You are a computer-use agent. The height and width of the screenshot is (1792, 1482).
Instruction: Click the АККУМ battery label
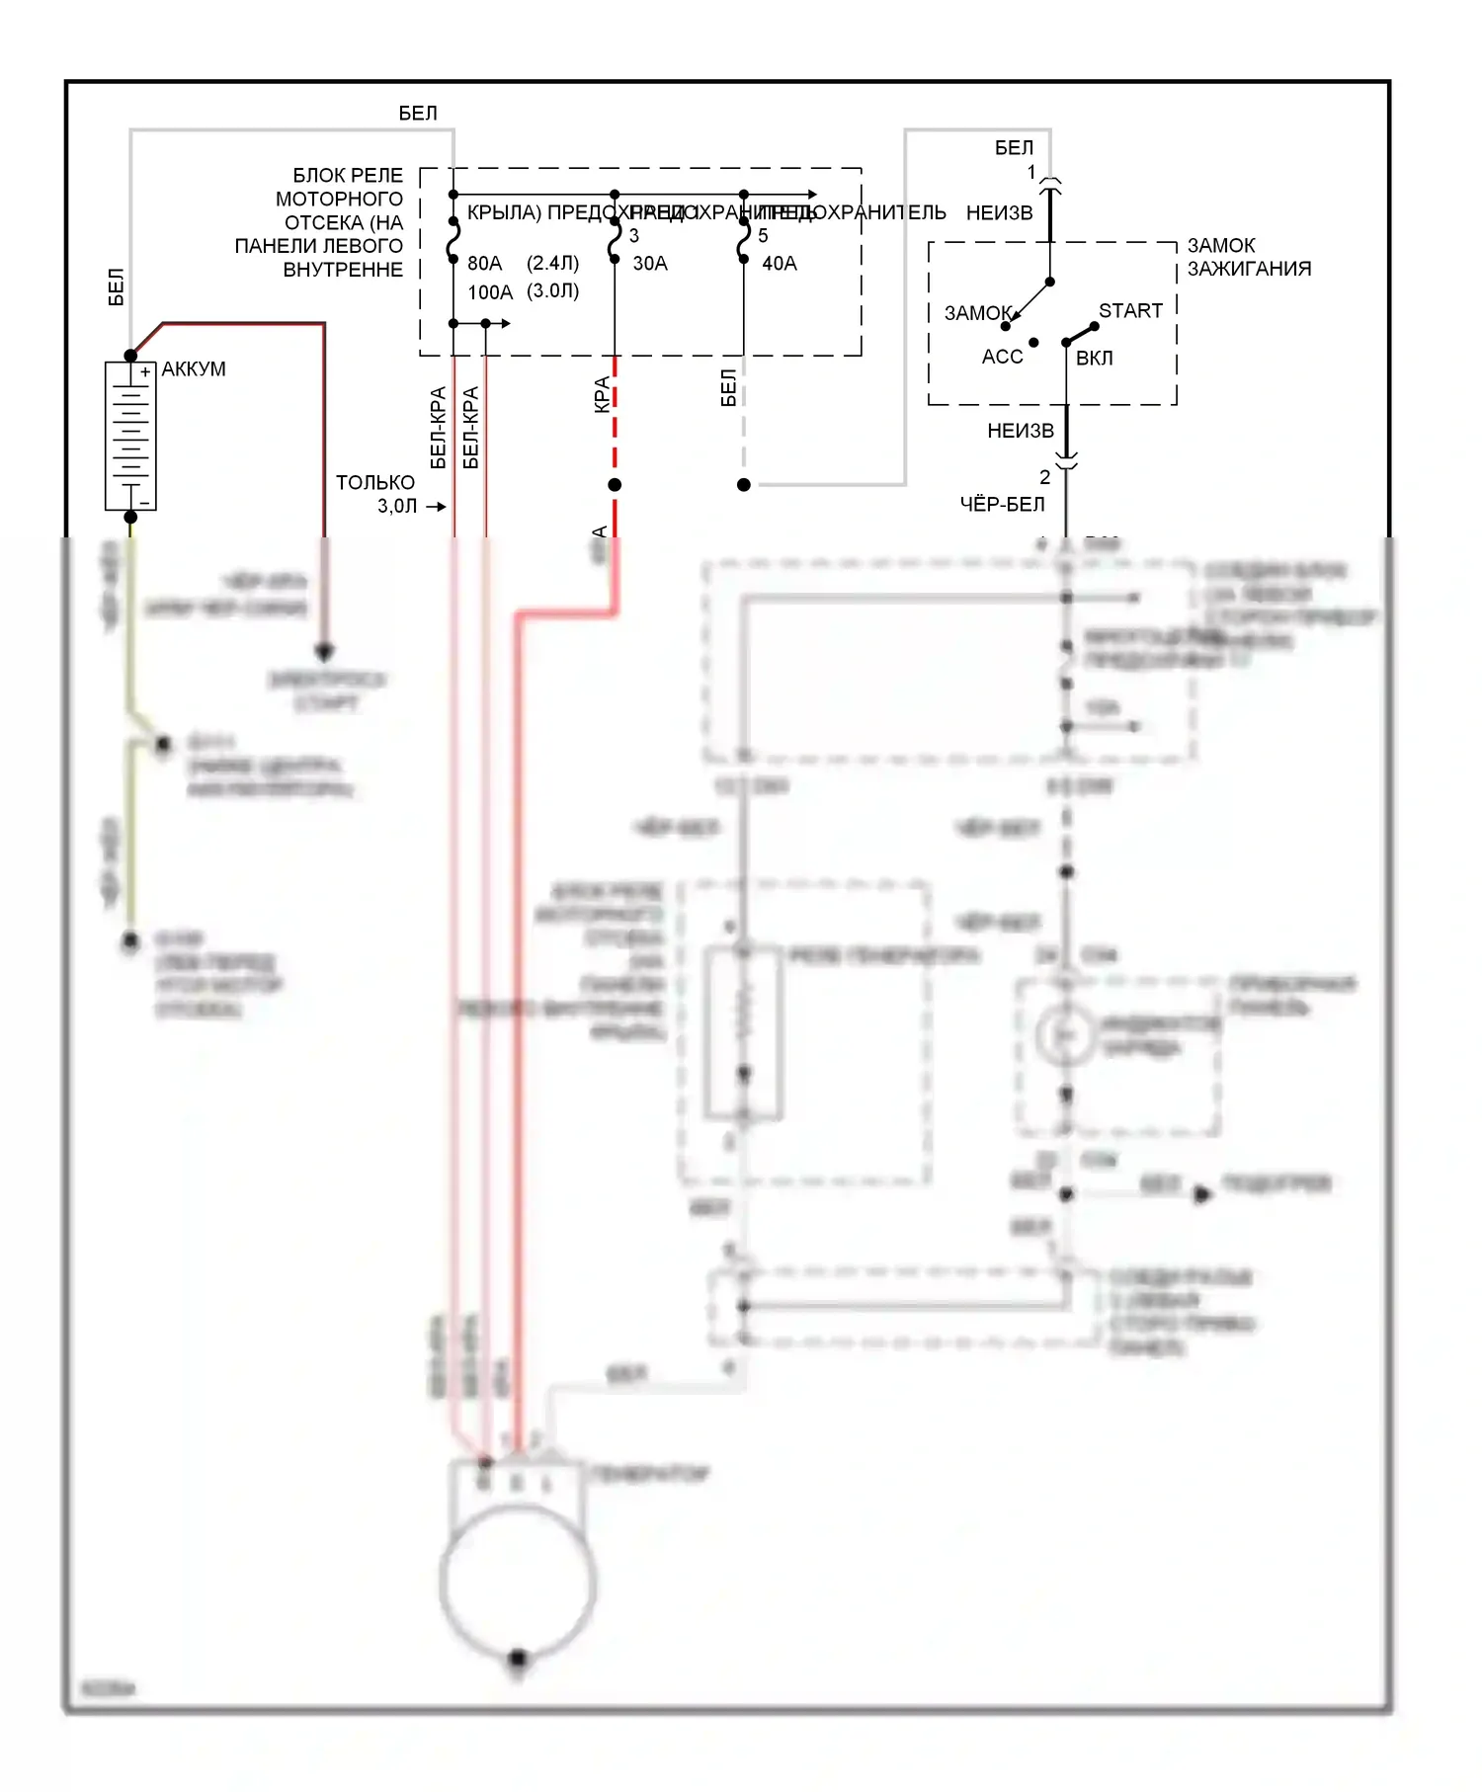click(194, 369)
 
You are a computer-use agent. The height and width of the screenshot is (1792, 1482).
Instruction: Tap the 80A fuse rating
click(484, 264)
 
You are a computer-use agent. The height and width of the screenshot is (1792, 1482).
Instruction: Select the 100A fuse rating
click(490, 292)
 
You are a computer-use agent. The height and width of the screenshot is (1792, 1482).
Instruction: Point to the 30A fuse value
click(650, 264)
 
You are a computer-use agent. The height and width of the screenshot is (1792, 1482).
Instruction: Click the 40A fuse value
click(780, 264)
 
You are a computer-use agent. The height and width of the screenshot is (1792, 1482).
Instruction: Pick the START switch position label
click(1130, 311)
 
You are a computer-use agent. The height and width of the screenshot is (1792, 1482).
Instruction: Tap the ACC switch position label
click(1002, 357)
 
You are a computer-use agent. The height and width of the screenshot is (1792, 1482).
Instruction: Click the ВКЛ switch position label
click(1094, 358)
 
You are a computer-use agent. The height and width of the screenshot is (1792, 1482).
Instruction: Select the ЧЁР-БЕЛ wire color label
click(1002, 505)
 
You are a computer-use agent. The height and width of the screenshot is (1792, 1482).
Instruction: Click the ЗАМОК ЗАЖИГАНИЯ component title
click(1249, 257)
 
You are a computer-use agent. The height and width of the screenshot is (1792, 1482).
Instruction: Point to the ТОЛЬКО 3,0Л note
click(376, 494)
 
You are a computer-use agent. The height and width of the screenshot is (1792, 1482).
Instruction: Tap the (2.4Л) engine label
click(552, 263)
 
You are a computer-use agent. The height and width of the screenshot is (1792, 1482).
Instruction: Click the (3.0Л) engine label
click(552, 291)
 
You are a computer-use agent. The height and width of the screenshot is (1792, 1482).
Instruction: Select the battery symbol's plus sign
click(145, 372)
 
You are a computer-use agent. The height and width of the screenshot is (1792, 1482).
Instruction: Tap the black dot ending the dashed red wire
click(615, 485)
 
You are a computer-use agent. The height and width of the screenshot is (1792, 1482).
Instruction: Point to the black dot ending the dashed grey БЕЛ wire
click(744, 485)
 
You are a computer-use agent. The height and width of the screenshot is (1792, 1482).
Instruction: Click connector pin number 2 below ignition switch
click(1044, 477)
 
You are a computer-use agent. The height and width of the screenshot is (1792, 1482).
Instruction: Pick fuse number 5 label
click(763, 236)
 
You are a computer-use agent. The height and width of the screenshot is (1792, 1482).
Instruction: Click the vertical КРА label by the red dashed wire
click(602, 394)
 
